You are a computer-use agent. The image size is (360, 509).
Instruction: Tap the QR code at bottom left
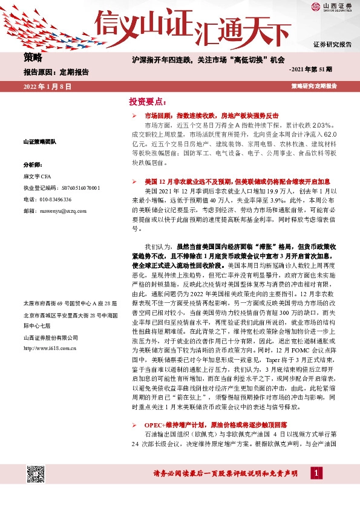coord(35,475)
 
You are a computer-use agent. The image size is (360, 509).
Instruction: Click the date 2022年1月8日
coord(48,86)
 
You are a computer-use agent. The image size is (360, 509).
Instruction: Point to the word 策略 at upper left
coord(33,57)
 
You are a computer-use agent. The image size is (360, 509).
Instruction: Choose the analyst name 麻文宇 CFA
coord(39,177)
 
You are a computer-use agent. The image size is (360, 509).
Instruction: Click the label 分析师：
coord(33,164)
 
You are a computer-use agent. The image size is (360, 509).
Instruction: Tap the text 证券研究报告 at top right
coord(332,45)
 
